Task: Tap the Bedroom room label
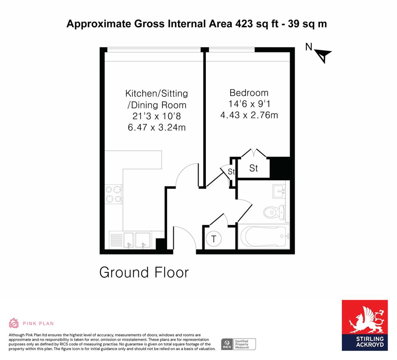click(x=249, y=93)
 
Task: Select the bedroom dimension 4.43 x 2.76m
click(x=249, y=115)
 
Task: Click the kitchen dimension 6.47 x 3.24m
click(x=157, y=127)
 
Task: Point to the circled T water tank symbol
click(x=213, y=239)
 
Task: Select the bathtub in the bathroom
click(x=263, y=236)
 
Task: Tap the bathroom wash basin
click(x=279, y=192)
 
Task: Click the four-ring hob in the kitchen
click(x=113, y=194)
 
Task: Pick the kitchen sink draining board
click(x=116, y=240)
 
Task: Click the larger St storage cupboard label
click(x=253, y=168)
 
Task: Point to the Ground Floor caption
click(x=144, y=272)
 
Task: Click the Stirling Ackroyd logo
click(x=365, y=325)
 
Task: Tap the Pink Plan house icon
click(x=14, y=323)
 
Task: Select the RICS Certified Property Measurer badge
click(x=238, y=344)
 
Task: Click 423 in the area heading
click(x=244, y=24)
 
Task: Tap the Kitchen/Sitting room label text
click(x=156, y=99)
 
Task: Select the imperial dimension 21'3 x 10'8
click(x=157, y=116)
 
